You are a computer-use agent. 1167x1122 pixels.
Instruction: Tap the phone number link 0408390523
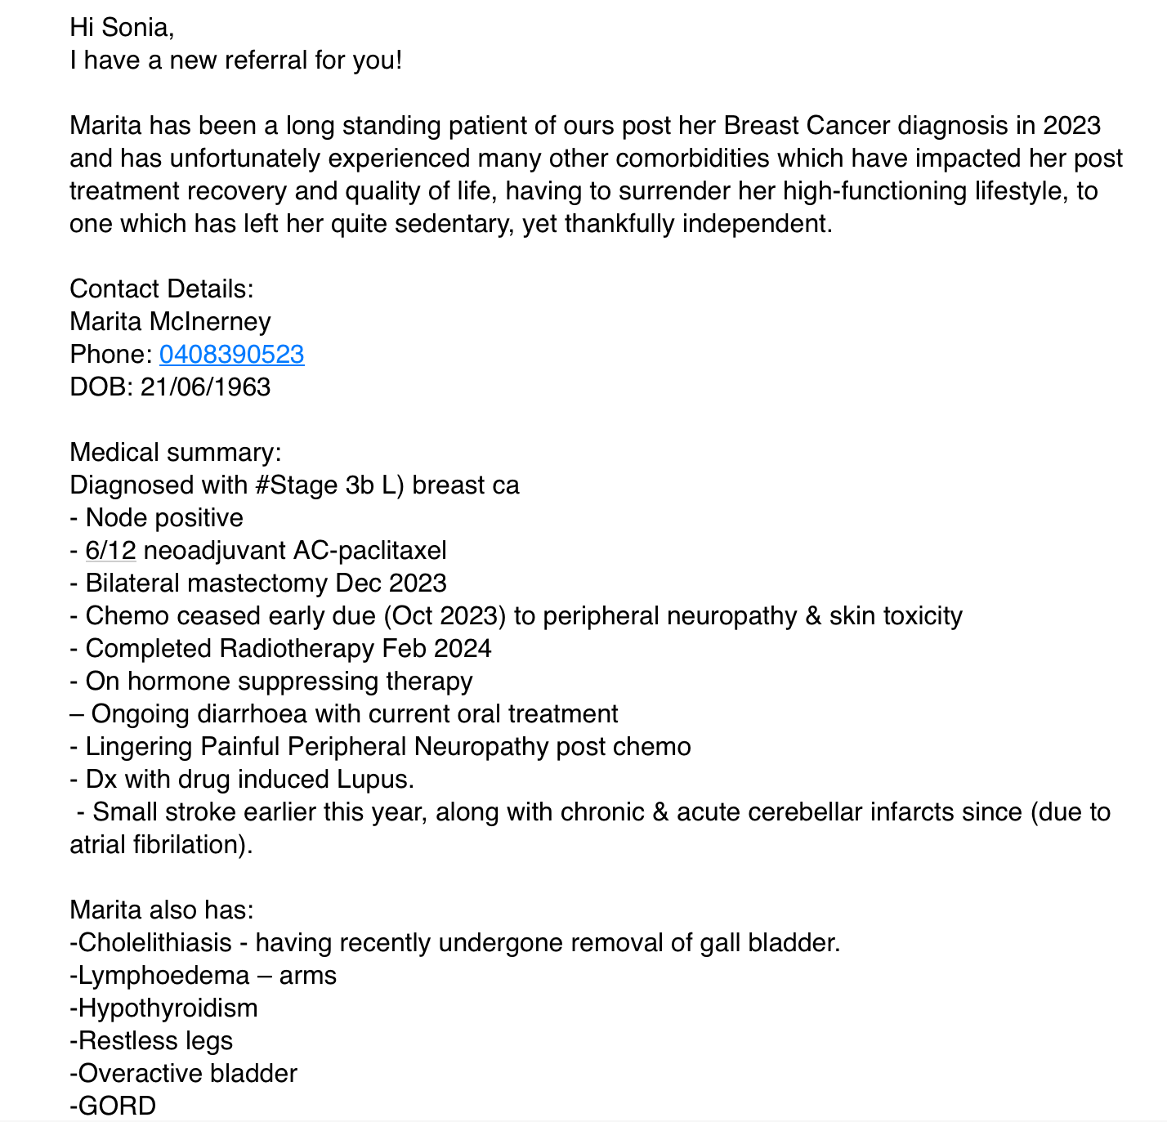pos(232,355)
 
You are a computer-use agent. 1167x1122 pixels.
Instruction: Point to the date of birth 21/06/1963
pos(205,387)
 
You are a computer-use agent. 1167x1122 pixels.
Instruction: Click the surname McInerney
pos(210,322)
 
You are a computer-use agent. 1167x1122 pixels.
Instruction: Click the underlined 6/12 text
pos(110,551)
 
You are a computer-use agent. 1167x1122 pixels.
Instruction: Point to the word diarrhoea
pos(253,714)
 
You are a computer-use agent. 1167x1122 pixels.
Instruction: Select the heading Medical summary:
pos(176,453)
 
